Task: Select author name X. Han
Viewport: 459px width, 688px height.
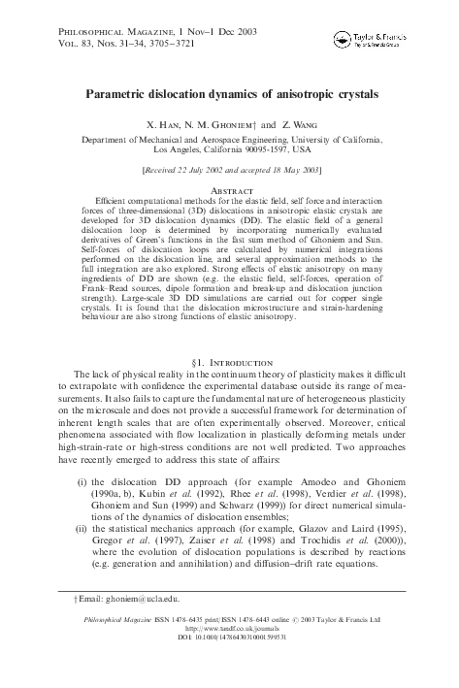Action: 162,126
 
